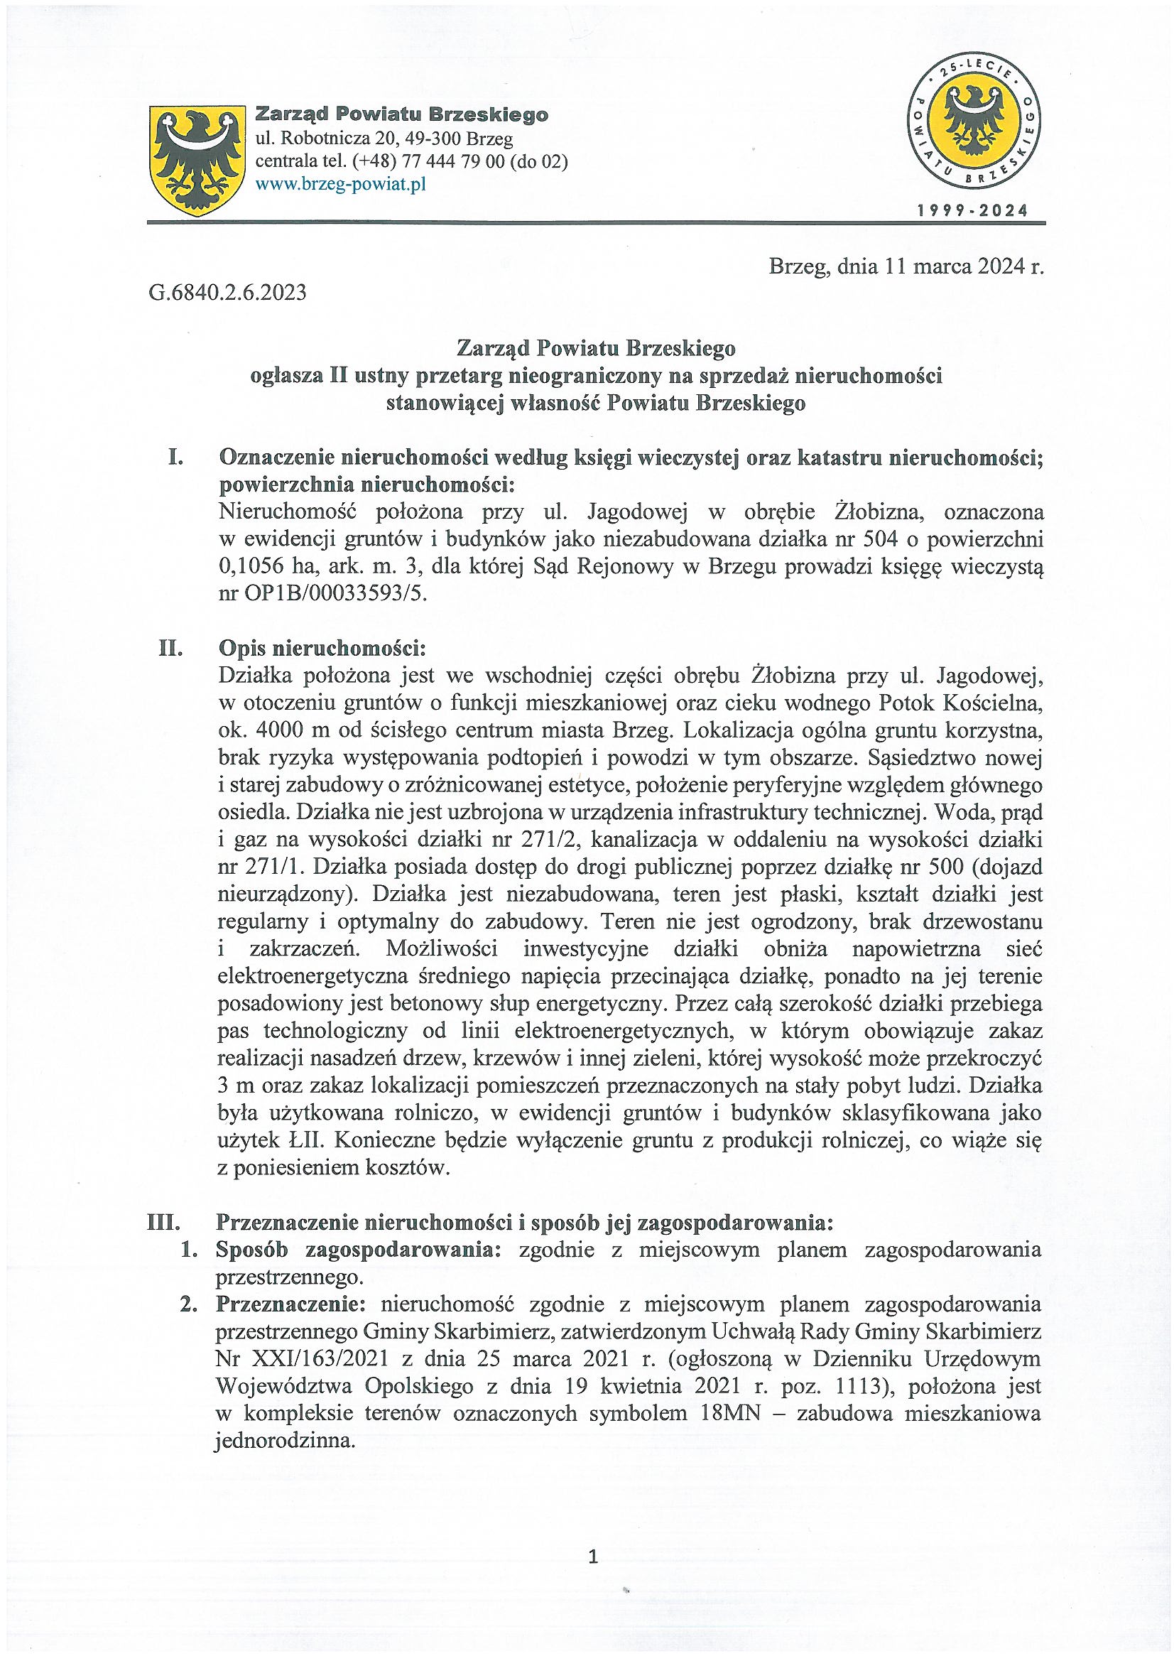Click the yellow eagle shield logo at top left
pos(195,160)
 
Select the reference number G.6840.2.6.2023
pos(228,293)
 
